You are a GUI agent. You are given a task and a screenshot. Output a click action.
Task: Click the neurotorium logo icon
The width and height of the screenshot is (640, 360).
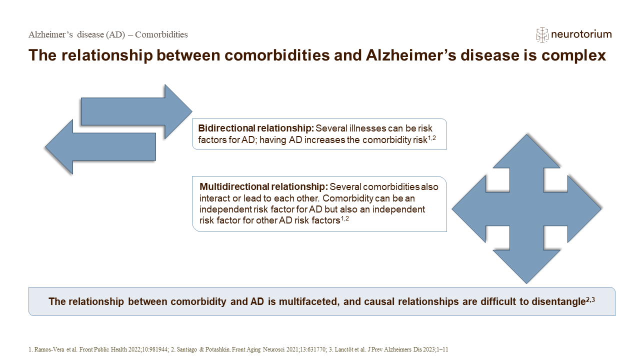(x=542, y=35)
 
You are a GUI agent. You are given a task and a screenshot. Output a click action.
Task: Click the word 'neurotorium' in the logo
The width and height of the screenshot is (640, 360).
(x=581, y=34)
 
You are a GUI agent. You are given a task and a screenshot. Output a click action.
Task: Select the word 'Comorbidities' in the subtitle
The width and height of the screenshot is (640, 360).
(x=161, y=34)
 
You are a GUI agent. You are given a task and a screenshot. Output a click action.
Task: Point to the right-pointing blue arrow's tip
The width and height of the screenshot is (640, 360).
(x=192, y=111)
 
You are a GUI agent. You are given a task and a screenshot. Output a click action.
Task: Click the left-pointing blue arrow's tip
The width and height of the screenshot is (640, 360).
(x=45, y=147)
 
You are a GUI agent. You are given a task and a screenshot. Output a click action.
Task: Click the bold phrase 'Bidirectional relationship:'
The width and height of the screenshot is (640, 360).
(x=256, y=128)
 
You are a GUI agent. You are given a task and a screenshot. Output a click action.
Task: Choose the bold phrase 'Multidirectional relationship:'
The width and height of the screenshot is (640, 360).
(x=263, y=186)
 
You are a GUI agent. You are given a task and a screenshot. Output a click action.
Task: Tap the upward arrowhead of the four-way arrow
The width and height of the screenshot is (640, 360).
(x=526, y=151)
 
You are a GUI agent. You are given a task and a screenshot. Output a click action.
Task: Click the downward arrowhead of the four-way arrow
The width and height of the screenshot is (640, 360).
(x=526, y=267)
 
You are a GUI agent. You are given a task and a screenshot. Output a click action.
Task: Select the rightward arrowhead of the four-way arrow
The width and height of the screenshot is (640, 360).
(x=584, y=209)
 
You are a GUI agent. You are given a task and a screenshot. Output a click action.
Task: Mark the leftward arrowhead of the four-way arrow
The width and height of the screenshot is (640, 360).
(x=468, y=209)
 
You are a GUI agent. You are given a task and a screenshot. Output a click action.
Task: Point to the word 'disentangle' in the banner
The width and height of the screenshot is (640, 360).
(x=558, y=301)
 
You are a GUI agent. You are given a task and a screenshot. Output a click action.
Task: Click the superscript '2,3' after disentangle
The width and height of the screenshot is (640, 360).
(x=590, y=299)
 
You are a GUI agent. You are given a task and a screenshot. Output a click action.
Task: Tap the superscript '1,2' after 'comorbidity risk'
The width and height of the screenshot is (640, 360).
(x=431, y=138)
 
